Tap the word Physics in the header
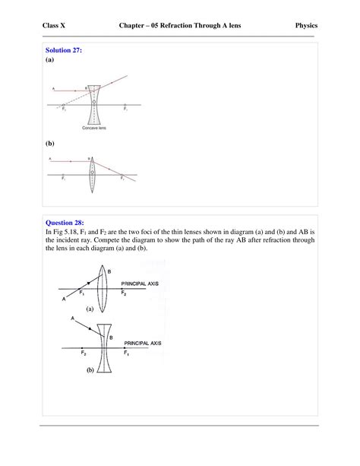305,26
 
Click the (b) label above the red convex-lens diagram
50,142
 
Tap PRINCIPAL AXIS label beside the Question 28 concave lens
144,343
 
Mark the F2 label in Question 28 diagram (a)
125,295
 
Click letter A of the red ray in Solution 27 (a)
52,88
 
